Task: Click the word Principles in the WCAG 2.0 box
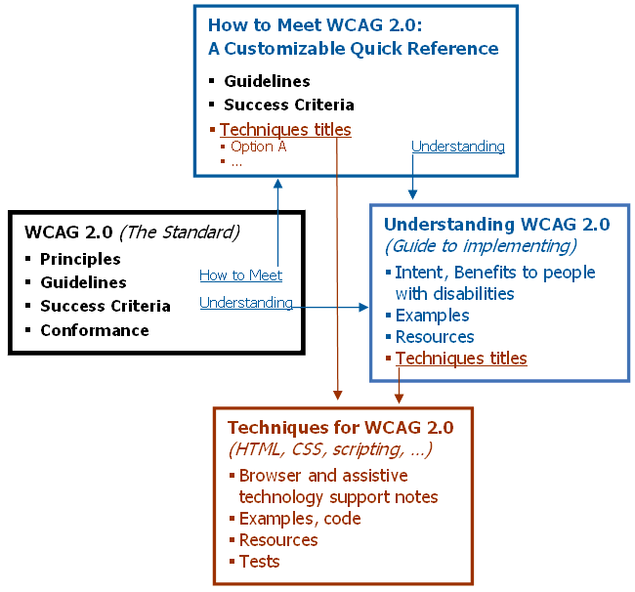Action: coord(80,259)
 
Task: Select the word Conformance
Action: coord(94,330)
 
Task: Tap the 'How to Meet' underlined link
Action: coord(240,275)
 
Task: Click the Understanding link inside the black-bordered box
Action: coord(245,303)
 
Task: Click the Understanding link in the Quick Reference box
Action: coord(457,147)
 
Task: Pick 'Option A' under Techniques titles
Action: coord(258,147)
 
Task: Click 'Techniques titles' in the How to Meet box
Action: coord(285,129)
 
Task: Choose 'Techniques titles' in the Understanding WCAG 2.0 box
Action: coord(461,359)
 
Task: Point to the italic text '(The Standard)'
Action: coord(179,233)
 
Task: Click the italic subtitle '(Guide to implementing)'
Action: coord(480,245)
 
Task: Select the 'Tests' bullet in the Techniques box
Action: coord(259,562)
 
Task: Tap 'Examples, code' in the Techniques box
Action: coord(300,519)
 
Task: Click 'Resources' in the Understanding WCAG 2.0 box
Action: coord(435,337)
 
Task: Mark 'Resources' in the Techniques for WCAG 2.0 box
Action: coord(278,540)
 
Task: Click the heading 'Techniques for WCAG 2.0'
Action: coord(340,428)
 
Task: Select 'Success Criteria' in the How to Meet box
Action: coord(288,105)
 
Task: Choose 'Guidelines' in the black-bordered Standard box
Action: coord(83,282)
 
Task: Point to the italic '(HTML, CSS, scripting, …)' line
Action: coord(330,450)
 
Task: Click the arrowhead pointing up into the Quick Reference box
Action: coord(277,183)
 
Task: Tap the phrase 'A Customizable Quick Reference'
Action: coord(353,49)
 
